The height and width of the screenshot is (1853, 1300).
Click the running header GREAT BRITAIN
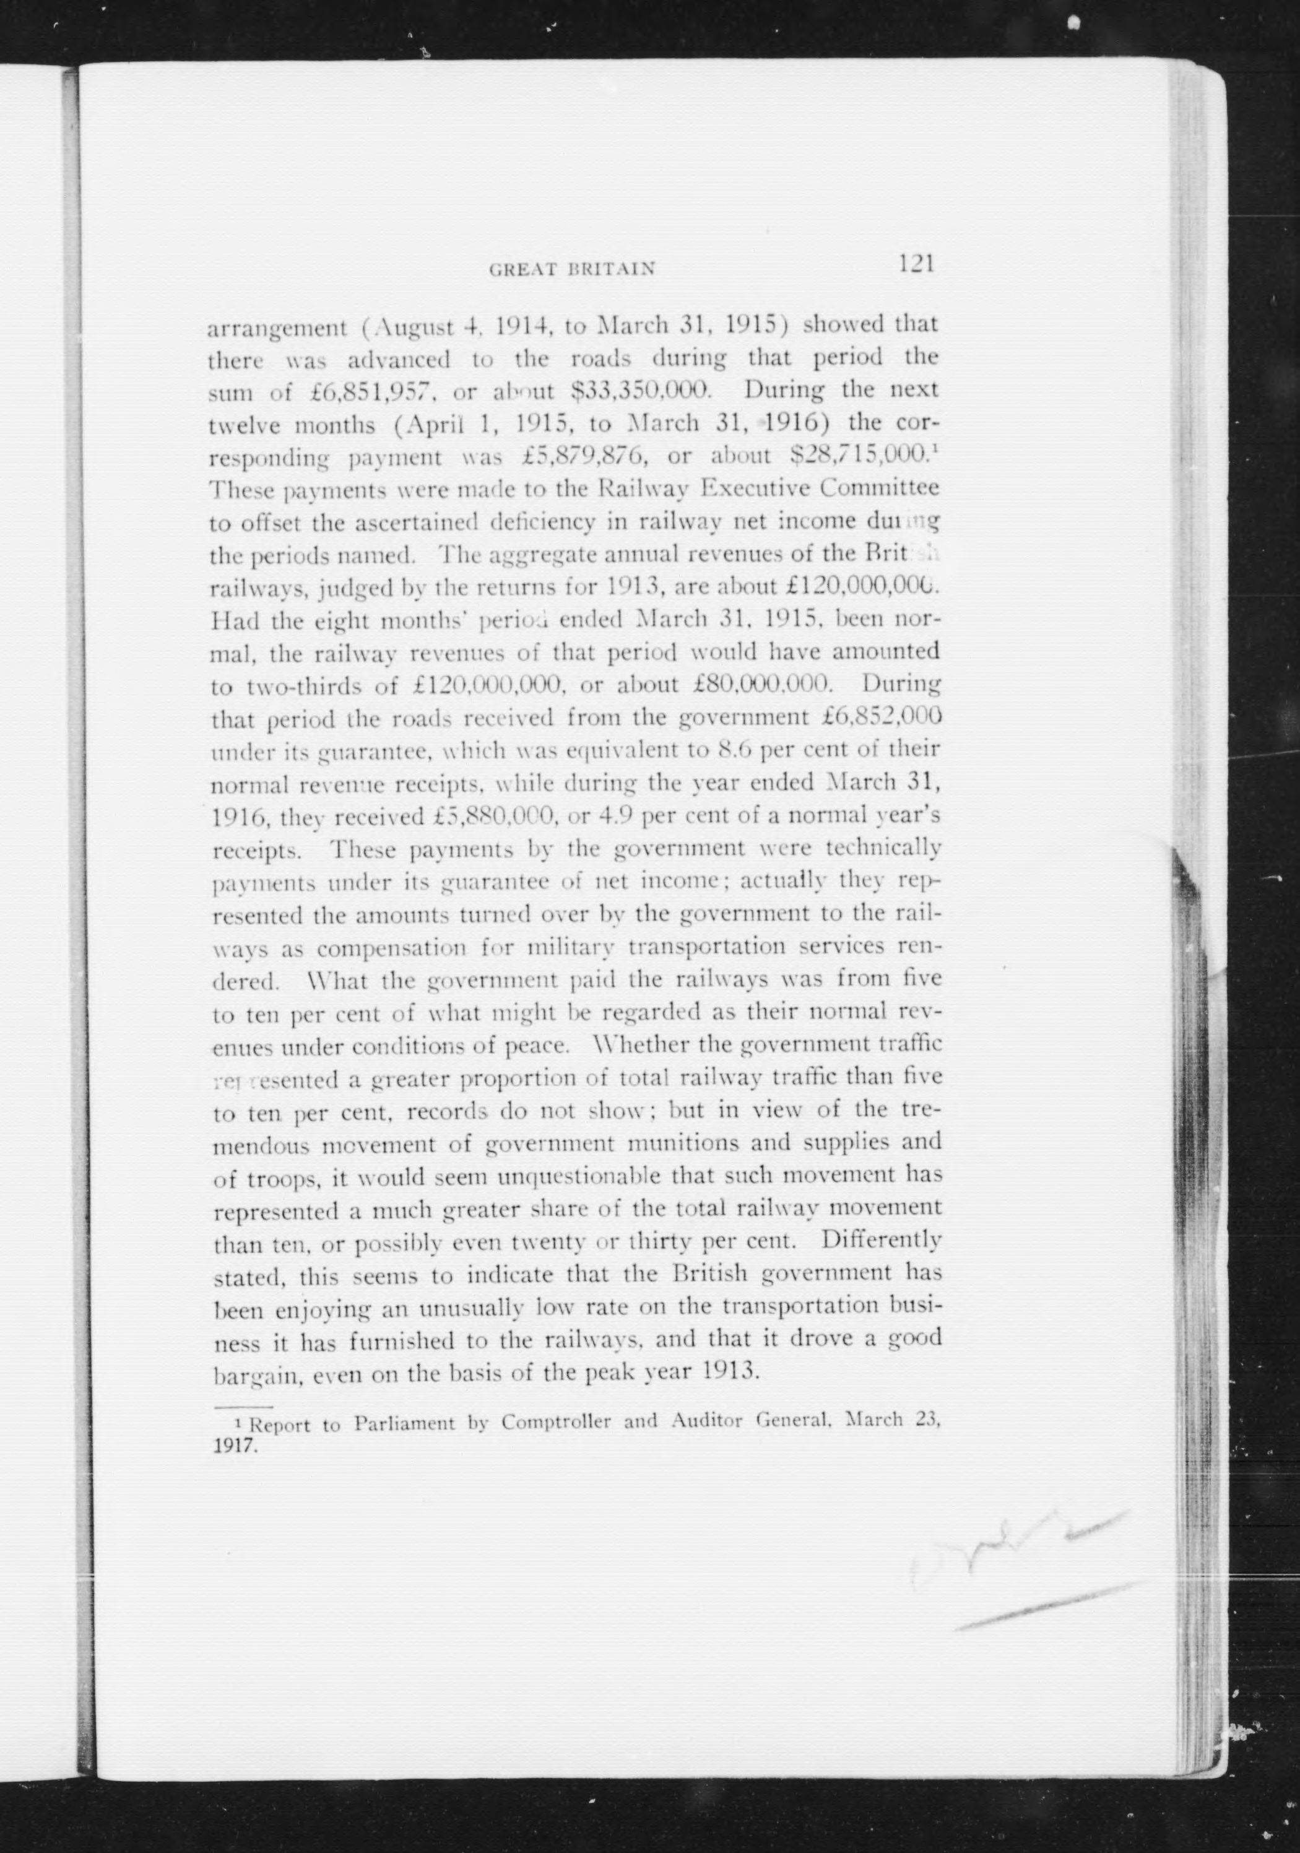pyautogui.click(x=571, y=269)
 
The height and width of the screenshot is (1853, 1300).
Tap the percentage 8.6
pyautogui.click(x=735, y=750)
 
